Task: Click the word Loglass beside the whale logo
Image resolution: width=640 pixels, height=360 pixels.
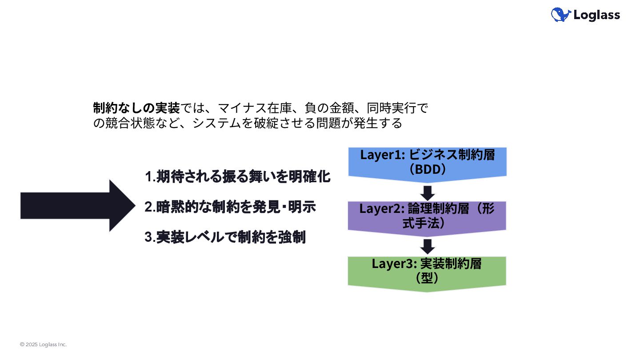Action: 596,15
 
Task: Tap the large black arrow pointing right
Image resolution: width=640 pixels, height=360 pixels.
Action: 78,206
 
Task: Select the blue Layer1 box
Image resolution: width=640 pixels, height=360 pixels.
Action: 427,162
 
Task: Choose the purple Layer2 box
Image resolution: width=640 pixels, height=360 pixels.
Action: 427,216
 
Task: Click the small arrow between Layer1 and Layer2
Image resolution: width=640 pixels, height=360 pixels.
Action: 428,193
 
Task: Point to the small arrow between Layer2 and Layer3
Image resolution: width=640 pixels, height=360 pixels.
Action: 428,247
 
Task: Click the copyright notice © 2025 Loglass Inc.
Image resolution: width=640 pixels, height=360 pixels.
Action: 43,344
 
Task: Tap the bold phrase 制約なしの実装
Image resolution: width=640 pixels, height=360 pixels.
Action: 136,108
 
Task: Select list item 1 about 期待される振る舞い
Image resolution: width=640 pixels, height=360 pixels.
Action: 238,177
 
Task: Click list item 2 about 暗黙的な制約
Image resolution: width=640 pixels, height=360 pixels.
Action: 230,207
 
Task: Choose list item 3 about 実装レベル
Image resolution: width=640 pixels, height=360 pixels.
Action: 225,237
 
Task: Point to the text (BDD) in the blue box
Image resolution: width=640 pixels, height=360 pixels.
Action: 427,169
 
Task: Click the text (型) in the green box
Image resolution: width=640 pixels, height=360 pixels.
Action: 427,278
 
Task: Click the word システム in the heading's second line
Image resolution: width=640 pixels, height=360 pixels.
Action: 216,123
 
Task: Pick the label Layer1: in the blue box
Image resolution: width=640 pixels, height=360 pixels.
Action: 382,155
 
